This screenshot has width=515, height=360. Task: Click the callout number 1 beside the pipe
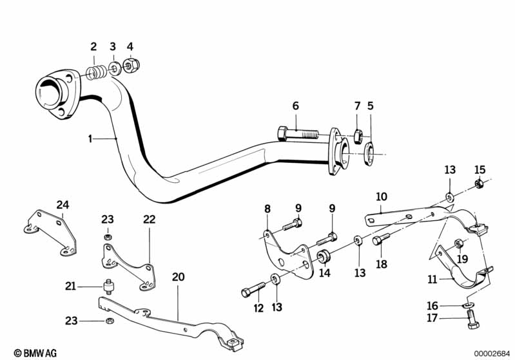[x=92, y=138]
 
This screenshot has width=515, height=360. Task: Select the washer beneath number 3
[x=113, y=68]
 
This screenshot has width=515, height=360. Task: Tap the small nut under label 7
[x=358, y=136]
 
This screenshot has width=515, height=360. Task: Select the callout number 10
[x=382, y=196]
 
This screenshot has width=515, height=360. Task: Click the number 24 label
[x=62, y=205]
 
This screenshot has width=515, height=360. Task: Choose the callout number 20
[x=178, y=277]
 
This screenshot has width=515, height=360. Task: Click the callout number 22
[x=149, y=220]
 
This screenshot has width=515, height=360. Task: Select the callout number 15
[x=479, y=170]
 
